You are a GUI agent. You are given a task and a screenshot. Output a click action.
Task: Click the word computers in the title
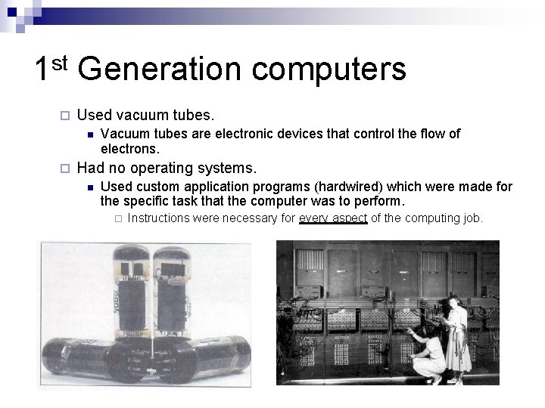tap(329, 70)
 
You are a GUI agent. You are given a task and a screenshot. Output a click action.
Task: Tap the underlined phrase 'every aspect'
tap(333, 218)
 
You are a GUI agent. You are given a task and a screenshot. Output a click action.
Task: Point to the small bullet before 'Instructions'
tap(117, 219)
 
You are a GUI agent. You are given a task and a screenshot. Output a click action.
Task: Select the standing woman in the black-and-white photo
tap(459, 336)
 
